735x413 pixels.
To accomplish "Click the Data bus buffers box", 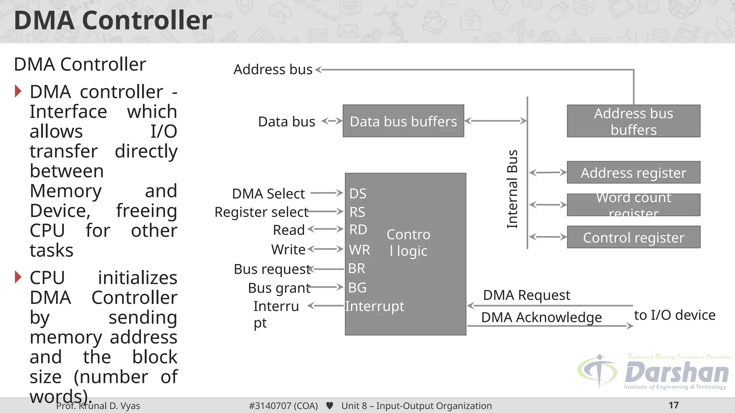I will point(403,121).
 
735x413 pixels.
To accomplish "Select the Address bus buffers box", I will point(633,121).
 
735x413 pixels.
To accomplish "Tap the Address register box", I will point(633,172).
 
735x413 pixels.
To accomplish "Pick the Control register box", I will point(633,237).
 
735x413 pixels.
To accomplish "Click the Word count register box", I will point(633,205).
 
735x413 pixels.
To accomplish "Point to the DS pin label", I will point(358,194).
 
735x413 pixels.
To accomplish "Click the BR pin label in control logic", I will point(356,269).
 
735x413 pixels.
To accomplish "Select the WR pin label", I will point(359,250).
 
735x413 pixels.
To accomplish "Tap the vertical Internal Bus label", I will point(512,189).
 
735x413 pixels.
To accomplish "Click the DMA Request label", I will point(526,295).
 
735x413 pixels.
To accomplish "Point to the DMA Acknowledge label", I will point(541,317).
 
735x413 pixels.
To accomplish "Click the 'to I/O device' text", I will point(674,315).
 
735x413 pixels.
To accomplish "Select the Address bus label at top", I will point(273,69).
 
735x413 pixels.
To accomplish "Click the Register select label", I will point(261,212).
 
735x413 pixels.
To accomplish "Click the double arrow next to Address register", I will point(548,172).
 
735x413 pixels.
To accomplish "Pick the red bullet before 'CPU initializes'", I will point(18,277).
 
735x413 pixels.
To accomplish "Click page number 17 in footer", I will point(674,405).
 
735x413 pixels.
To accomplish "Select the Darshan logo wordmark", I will point(677,373).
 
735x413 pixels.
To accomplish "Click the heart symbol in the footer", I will point(329,406).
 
